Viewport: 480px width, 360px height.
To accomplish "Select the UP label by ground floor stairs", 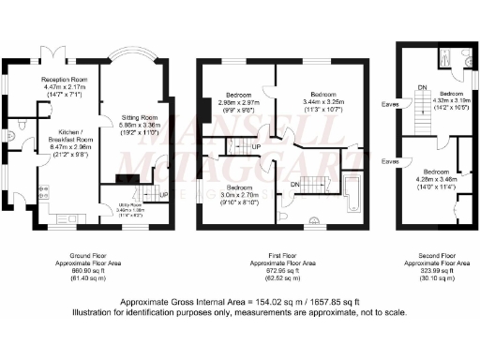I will click(165, 195).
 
